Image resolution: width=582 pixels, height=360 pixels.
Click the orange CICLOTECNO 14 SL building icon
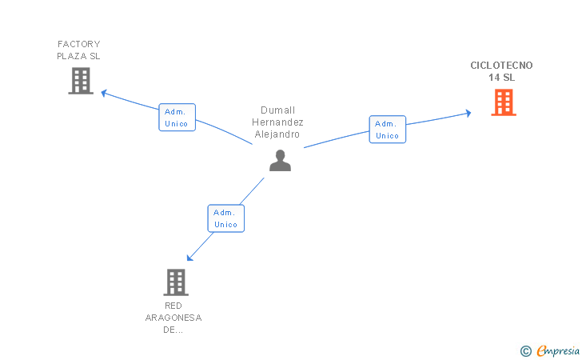[x=504, y=102]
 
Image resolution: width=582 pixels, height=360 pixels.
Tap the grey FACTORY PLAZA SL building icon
[x=81, y=81]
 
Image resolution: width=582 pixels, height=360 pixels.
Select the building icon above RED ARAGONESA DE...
[x=176, y=282]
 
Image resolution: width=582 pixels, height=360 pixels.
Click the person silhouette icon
[x=281, y=161]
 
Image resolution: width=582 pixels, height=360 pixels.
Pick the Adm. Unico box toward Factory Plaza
[x=177, y=118]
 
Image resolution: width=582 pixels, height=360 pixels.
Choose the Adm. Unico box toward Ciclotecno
[x=388, y=130]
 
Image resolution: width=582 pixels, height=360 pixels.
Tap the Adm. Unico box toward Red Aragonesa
[x=226, y=218]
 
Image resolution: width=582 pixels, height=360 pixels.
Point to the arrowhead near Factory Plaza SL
[x=104, y=93]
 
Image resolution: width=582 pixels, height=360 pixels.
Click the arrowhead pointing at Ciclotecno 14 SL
[x=468, y=113]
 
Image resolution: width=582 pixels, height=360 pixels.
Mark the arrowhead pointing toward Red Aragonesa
[x=189, y=258]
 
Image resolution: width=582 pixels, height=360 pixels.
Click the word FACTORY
[x=79, y=44]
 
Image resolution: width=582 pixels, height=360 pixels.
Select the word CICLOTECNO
[x=501, y=66]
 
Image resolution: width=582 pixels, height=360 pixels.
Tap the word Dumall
[x=277, y=110]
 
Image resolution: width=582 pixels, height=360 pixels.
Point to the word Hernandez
[x=277, y=122]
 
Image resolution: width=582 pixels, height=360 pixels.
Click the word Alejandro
[x=277, y=134]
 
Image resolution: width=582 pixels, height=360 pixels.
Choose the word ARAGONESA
[x=173, y=318]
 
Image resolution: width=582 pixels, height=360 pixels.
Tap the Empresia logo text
[x=558, y=350]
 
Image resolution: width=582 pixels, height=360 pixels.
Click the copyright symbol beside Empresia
[x=525, y=351]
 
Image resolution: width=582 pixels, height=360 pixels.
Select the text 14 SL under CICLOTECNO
[x=501, y=78]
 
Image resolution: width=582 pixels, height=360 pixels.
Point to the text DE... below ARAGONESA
[x=173, y=330]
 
